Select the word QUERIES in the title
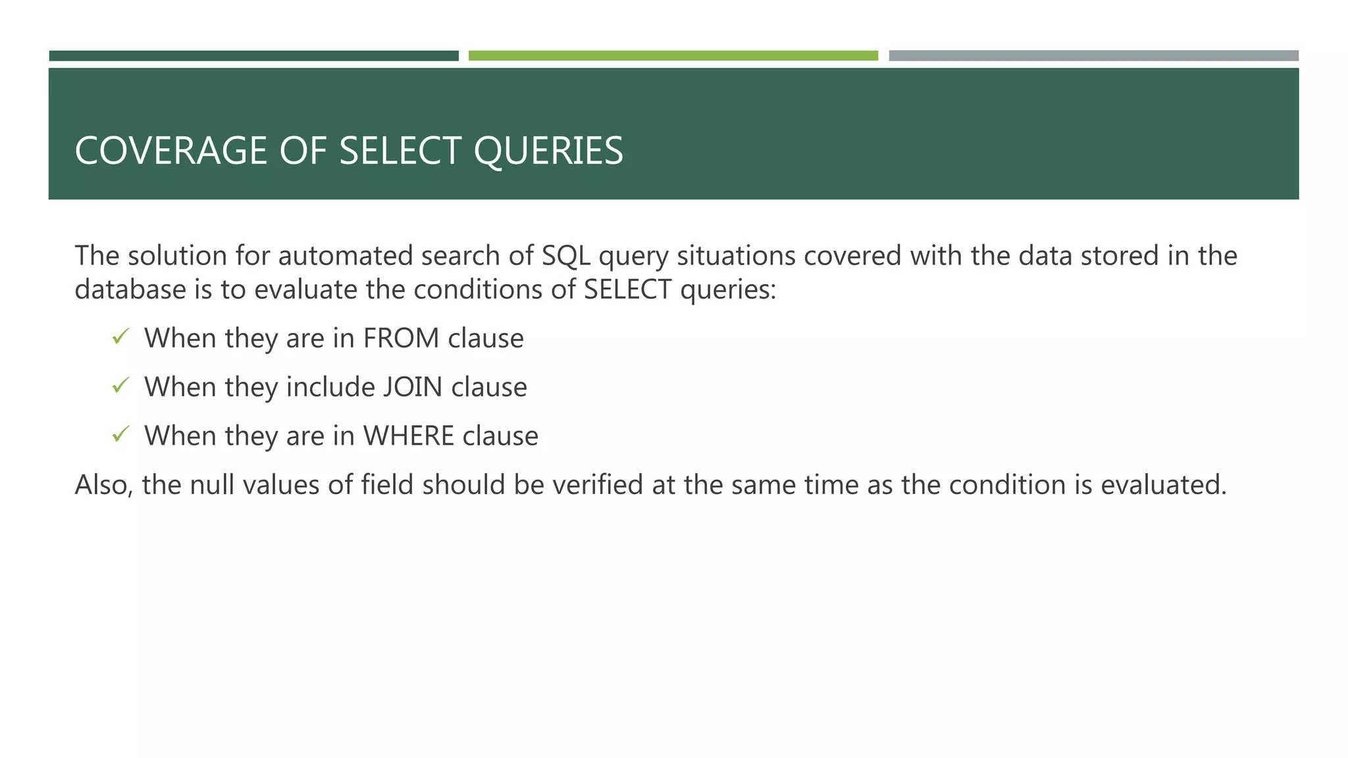click(x=548, y=151)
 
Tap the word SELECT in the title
click(x=399, y=151)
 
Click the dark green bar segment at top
click(x=253, y=56)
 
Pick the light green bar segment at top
click(x=673, y=56)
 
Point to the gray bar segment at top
click(x=1093, y=56)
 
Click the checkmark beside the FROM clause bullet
click(x=120, y=338)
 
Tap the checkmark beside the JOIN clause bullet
click(x=120, y=386)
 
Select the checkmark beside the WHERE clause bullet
click(x=120, y=435)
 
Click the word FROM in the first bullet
click(x=401, y=338)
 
